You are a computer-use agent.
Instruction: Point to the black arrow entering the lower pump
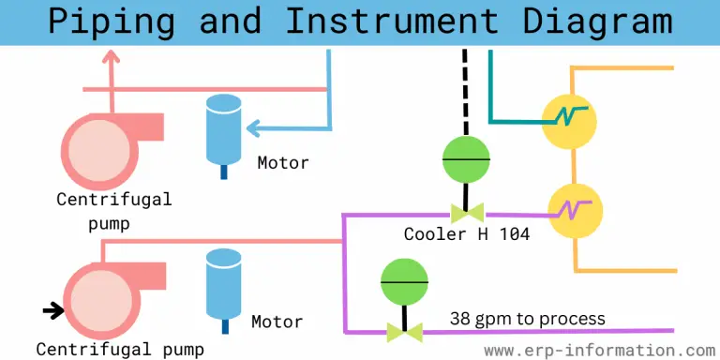52,307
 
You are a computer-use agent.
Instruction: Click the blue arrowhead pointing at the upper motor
254,128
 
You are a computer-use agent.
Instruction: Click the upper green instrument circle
466,160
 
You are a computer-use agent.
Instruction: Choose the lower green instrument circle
404,283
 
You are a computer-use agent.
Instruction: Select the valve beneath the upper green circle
466,213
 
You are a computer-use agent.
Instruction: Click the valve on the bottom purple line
404,331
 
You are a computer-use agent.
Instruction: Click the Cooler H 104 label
467,234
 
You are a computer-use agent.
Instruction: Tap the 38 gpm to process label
527,319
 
